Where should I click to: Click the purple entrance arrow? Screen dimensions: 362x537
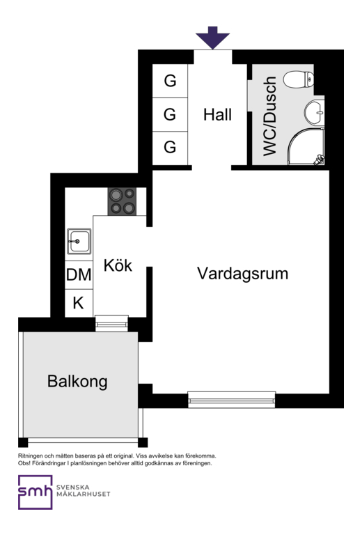coord(212,38)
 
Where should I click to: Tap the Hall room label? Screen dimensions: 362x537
coord(217,114)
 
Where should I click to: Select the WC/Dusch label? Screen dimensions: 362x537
coord(269,116)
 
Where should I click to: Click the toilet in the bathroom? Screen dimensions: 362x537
coord(299,79)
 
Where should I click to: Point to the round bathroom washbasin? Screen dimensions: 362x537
coord(314,113)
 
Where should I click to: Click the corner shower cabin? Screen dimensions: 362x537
coord(306,146)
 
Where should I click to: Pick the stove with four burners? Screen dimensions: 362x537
coord(122,201)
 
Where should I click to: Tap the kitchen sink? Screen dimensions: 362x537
coord(79,242)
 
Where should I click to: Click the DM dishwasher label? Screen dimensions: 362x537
coord(79,274)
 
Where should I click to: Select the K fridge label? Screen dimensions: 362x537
coord(79,303)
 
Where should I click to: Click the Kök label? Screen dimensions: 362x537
coord(118,265)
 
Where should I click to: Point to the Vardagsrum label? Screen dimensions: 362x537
coord(242,274)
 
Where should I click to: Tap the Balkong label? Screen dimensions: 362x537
coord(77,382)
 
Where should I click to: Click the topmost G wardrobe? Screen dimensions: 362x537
coord(170,81)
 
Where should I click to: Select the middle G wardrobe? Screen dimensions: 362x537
coord(170,114)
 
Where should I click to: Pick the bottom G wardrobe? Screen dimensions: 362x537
coord(170,148)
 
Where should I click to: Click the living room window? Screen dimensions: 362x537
coord(232,400)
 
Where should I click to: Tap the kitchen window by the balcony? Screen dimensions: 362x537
coord(111,323)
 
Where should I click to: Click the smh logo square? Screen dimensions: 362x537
coord(36,492)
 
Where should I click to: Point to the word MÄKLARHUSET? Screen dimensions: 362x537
coord(83,494)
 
